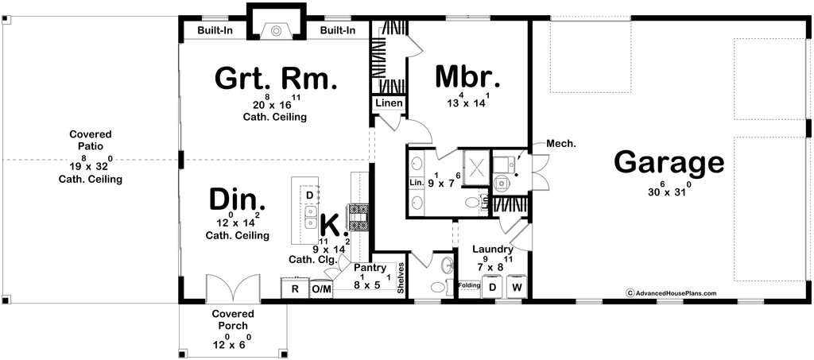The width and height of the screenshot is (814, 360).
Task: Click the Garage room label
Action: (x=669, y=163)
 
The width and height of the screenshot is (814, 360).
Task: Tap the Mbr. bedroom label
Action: (x=467, y=77)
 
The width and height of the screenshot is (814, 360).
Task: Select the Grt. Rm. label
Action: (x=277, y=79)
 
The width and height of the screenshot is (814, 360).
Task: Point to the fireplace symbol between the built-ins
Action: (x=276, y=31)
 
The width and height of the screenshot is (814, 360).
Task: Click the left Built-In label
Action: (x=214, y=30)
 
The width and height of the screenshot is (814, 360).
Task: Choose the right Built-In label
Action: (x=338, y=30)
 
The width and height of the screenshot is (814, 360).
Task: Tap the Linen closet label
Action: (x=390, y=103)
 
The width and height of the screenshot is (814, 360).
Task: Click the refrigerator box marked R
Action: (x=294, y=288)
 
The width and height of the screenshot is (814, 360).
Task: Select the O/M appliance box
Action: (x=321, y=288)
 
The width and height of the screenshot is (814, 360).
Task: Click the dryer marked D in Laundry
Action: (x=492, y=287)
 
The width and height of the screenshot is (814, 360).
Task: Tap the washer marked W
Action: (x=517, y=287)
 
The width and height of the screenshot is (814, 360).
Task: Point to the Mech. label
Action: (x=560, y=144)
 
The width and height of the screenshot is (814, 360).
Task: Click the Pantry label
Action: (x=370, y=269)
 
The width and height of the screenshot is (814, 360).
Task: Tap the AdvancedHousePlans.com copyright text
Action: (x=671, y=292)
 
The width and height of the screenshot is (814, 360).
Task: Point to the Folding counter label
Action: (x=468, y=285)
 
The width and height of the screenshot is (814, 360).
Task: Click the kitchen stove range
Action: (x=359, y=216)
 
